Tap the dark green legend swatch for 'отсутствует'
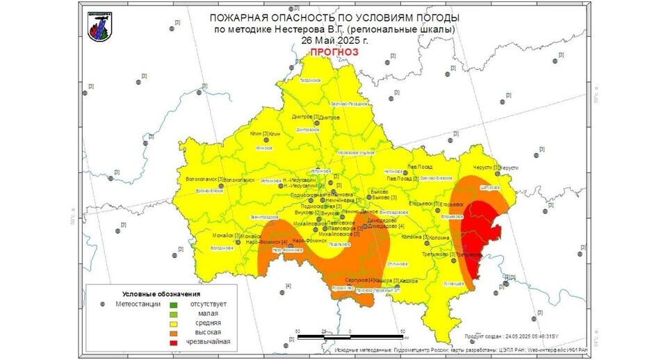[174, 304]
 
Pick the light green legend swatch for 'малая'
[174, 313]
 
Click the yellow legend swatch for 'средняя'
[174, 323]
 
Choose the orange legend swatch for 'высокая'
[174, 333]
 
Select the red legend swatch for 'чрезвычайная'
[174, 343]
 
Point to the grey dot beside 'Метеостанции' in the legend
[103, 304]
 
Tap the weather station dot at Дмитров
[317, 123]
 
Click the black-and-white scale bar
[350, 336]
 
